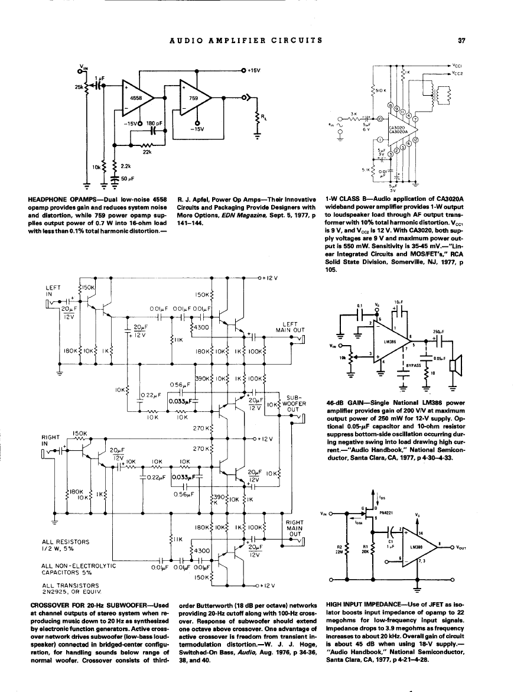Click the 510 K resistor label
[382, 93]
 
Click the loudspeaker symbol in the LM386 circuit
[454, 365]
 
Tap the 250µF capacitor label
[437, 332]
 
